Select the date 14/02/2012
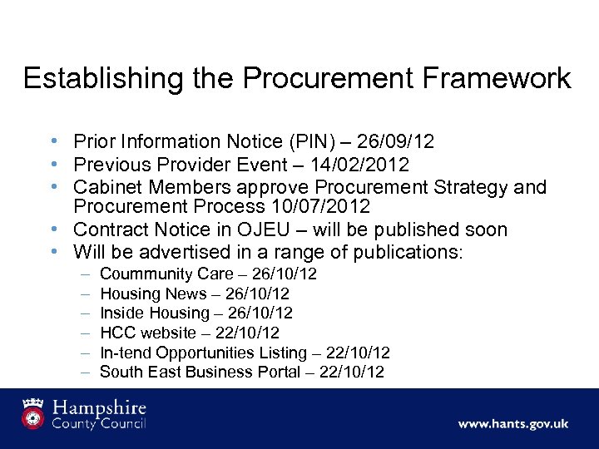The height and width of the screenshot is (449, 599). pos(361,165)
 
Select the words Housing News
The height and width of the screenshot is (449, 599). pos(153,294)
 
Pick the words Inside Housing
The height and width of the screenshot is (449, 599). pos(155,313)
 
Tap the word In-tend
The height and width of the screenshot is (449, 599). pos(123,353)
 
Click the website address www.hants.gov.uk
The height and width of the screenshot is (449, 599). pos(512,423)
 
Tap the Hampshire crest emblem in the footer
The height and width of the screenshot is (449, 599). pos(32,414)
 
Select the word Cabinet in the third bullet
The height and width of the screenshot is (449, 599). pos(105,187)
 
